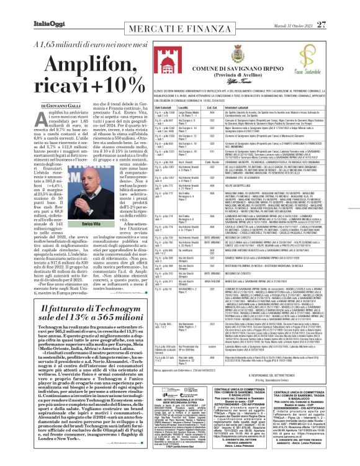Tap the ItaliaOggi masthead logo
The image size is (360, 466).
point(29,8)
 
